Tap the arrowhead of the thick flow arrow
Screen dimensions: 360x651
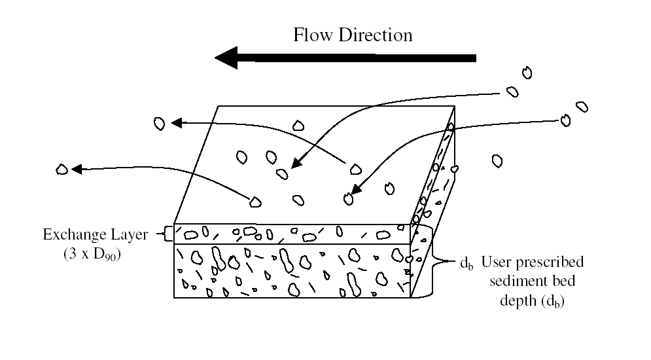pyautogui.click(x=226, y=58)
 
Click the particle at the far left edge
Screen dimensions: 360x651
pyautogui.click(x=62, y=169)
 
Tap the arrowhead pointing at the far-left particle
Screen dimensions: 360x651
pyautogui.click(x=77, y=169)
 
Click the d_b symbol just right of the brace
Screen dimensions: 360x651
pyautogui.click(x=466, y=263)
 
